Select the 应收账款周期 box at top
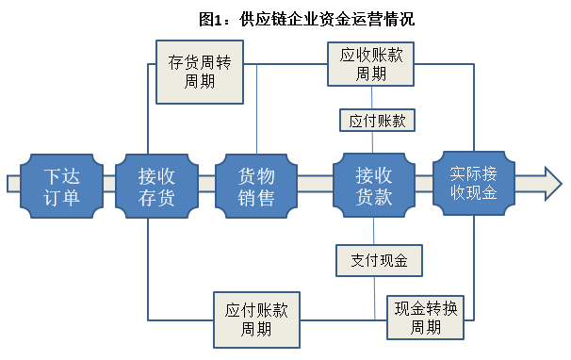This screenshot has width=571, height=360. (371, 64)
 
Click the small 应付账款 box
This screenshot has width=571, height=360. (376, 121)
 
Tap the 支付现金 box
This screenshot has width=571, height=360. (378, 259)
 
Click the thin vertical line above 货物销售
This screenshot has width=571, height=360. (257, 113)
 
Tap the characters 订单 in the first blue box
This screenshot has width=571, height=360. (62, 198)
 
